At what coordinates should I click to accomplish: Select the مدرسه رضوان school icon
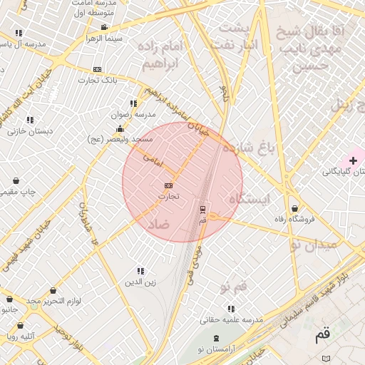click(x=133, y=103)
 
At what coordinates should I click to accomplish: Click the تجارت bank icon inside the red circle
click(x=168, y=185)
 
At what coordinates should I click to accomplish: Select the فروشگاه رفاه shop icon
click(x=294, y=209)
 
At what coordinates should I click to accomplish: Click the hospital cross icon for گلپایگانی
click(x=353, y=161)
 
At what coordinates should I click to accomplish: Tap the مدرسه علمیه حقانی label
click(x=231, y=319)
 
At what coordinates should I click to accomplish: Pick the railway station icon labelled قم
click(x=202, y=209)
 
